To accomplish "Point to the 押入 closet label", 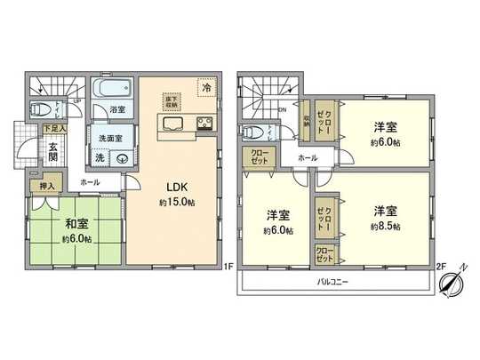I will [x=45, y=186].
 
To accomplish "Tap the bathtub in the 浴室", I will [x=112, y=91].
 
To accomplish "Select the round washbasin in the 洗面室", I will [x=122, y=157].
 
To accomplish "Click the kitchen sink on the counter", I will [x=172, y=123].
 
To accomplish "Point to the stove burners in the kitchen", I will [x=203, y=123].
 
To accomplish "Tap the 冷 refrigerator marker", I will [x=206, y=89].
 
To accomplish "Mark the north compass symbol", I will [x=452, y=281].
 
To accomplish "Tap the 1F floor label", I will [x=228, y=265].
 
